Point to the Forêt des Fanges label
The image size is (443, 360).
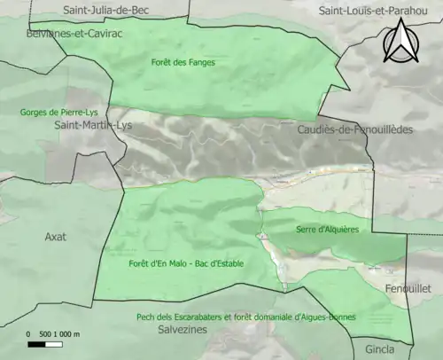click(183, 63)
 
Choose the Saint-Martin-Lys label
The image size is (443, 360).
click(93, 126)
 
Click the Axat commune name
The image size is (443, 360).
click(56, 237)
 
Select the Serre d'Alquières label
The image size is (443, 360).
click(328, 229)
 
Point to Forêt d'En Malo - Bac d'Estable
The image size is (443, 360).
click(186, 263)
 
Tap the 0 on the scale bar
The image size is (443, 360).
click(28, 333)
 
